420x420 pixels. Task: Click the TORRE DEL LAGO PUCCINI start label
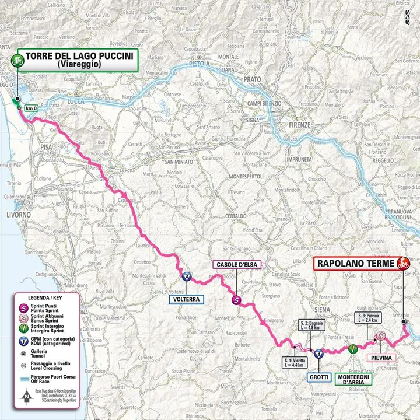click(77, 60)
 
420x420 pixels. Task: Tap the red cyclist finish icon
click(401, 264)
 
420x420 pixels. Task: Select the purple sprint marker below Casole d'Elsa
click(236, 300)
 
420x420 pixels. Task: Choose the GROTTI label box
click(318, 377)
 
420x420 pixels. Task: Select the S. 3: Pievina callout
click(368, 319)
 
